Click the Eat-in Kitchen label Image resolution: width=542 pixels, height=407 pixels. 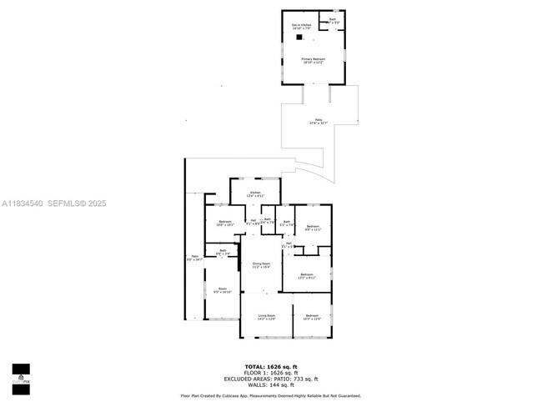[300, 28]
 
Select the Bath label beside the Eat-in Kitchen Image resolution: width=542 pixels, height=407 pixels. [333, 20]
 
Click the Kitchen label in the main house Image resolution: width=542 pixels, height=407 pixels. [253, 195]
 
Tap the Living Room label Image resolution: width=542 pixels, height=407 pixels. [266, 317]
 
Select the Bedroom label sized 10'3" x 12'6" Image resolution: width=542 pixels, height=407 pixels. [312, 317]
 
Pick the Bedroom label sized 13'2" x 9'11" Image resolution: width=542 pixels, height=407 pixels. [306, 276]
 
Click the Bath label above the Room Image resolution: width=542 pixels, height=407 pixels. [223, 253]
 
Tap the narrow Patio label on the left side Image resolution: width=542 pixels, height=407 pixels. [194, 259]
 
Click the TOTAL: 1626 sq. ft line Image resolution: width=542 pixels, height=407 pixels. [270, 366]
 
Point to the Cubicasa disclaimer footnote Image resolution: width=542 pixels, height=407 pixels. [270, 395]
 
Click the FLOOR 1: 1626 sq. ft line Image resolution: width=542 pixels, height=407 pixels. [270, 372]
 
